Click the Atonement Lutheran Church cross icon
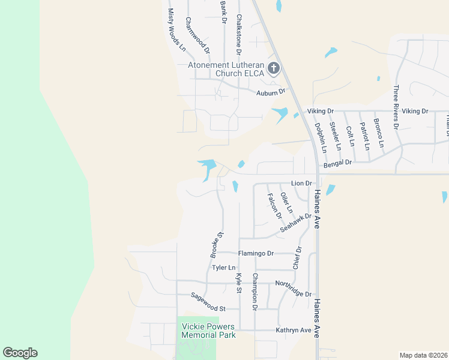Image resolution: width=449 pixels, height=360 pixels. click(x=273, y=68)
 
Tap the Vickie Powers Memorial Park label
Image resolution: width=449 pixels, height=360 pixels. click(x=208, y=331)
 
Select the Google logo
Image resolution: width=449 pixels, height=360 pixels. click(x=20, y=353)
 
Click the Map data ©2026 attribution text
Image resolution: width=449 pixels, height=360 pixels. click(x=423, y=355)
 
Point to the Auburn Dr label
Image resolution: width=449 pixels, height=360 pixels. click(x=270, y=92)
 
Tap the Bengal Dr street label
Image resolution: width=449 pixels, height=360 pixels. click(x=337, y=162)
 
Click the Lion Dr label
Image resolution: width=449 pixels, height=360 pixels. click(x=302, y=183)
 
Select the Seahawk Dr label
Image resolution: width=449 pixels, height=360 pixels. click(x=297, y=224)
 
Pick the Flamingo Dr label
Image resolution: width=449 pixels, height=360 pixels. click(x=256, y=253)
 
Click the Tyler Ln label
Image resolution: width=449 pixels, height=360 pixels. click(x=223, y=268)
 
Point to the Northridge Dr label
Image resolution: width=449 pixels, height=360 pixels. click(x=293, y=289)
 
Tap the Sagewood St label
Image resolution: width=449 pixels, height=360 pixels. click(x=208, y=302)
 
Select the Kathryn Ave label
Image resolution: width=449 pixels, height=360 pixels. click(x=294, y=330)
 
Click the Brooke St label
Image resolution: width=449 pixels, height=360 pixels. click(x=217, y=245)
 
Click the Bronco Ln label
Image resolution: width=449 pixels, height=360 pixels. click(x=378, y=133)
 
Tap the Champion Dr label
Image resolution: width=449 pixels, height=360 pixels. click(x=255, y=292)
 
